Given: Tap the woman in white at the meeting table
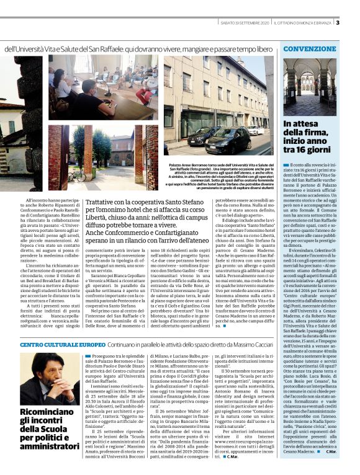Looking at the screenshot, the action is coord(61,86).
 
